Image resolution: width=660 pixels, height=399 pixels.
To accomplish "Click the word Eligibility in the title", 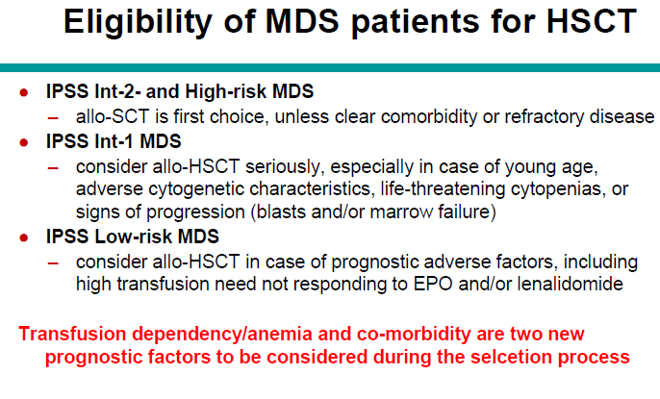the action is [138, 22].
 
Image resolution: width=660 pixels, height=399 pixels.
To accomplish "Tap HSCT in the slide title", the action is [592, 20].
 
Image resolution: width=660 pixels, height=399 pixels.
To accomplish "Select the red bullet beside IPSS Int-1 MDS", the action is [24, 143].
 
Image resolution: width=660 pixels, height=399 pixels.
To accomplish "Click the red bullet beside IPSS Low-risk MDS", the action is [24, 238].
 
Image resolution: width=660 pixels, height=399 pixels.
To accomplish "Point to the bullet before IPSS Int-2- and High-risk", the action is [24, 92].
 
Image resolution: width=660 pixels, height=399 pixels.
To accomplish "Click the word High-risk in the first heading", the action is [225, 91].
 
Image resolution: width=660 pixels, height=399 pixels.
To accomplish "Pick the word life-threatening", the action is [443, 189].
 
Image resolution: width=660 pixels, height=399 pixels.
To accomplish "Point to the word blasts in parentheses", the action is [281, 212].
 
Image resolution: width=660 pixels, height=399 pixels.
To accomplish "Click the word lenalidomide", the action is [570, 285].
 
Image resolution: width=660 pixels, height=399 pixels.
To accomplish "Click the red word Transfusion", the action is [72, 335].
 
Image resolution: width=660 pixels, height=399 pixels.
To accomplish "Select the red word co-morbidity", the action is [414, 335].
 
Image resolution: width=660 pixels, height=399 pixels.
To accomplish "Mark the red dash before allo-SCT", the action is [53, 118].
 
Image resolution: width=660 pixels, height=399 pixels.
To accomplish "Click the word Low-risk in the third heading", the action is [134, 237].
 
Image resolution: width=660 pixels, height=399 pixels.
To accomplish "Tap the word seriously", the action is [285, 167].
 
